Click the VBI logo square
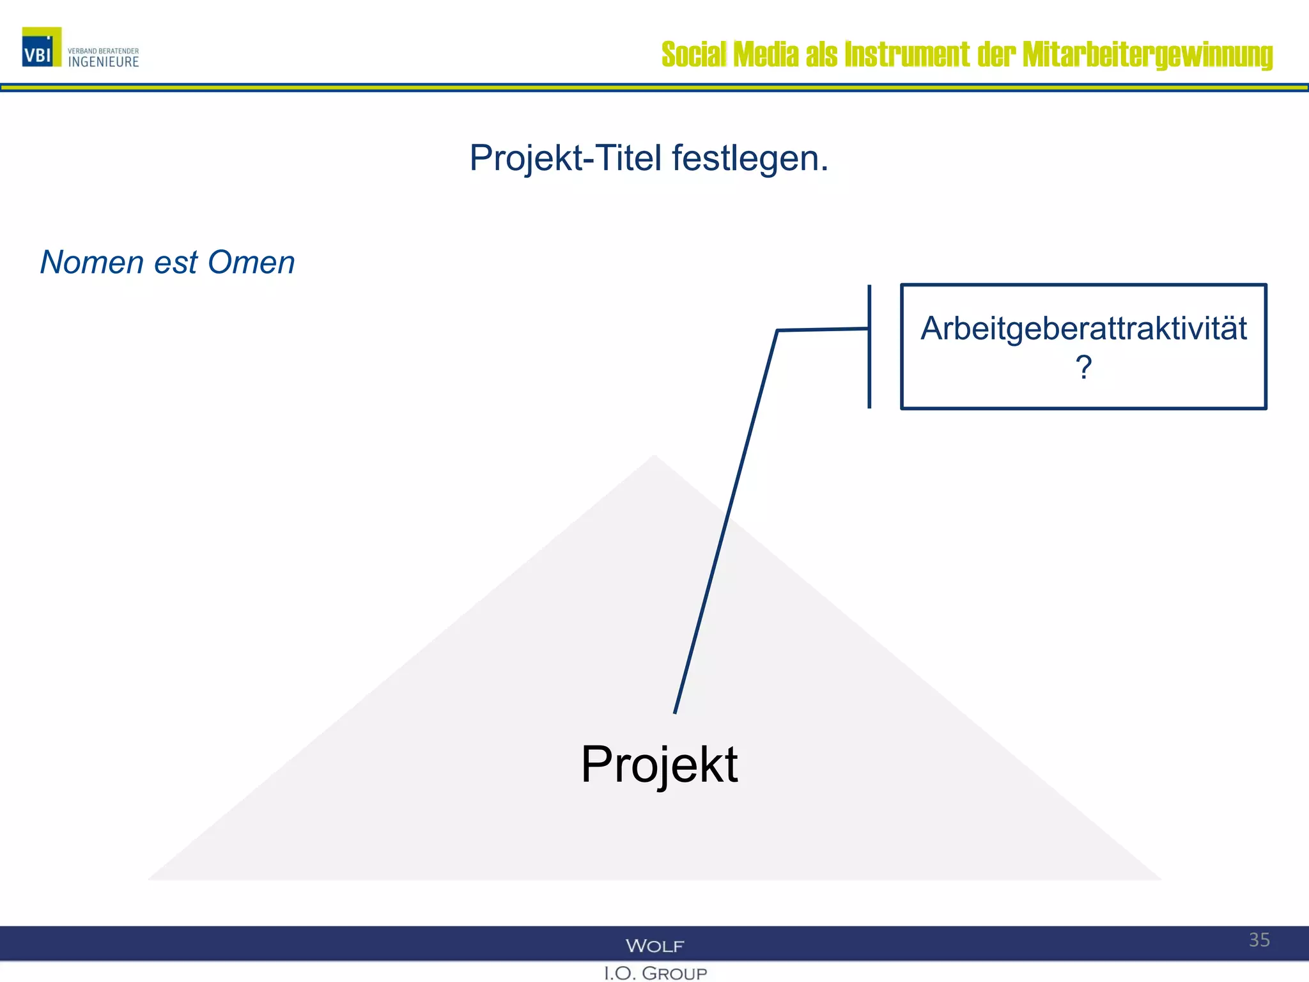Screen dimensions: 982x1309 click(42, 47)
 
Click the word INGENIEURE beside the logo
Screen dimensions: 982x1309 click(104, 62)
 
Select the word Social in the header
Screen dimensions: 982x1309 click(693, 55)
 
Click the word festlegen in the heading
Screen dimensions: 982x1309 click(749, 158)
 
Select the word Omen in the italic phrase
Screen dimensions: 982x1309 click(251, 262)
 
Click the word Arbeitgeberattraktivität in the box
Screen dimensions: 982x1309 click(1083, 329)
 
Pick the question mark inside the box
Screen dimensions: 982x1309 click(1083, 368)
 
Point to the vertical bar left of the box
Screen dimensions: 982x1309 click(869, 347)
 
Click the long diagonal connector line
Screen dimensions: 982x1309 click(725, 521)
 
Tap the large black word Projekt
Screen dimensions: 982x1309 click(659, 764)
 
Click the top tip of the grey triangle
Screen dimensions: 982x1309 click(654, 458)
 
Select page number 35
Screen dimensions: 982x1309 click(1259, 940)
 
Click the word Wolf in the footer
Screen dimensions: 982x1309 click(654, 946)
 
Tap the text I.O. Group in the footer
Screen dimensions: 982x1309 click(655, 973)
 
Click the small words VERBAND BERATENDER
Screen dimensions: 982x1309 click(103, 51)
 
